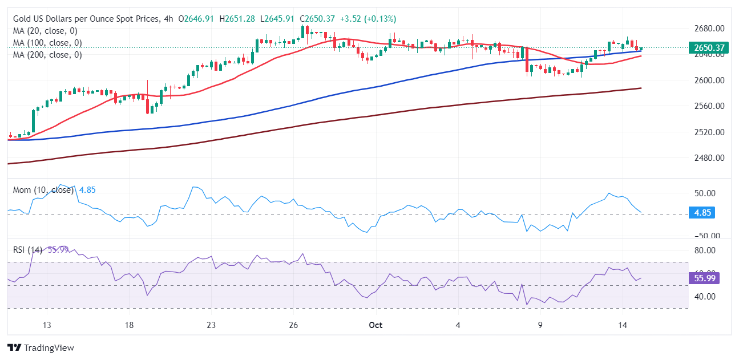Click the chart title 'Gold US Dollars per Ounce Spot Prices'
click(85, 19)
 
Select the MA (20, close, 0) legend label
click(45, 31)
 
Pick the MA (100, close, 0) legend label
click(47, 43)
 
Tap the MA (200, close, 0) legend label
click(47, 55)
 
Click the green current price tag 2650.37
click(710, 48)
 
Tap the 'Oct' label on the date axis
click(375, 326)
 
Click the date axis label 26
click(293, 326)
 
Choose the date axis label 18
click(129, 326)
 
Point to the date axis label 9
click(540, 326)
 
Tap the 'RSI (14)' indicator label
click(27, 249)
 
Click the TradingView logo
click(41, 347)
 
